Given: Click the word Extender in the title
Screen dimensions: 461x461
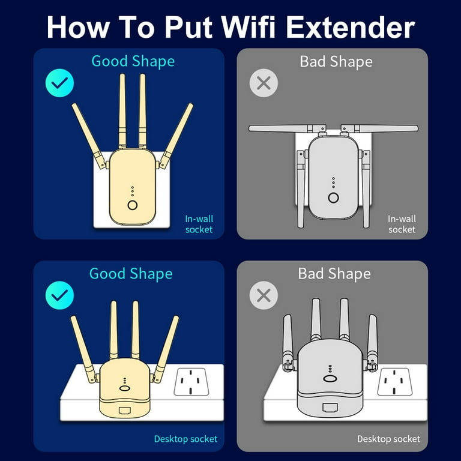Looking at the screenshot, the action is coord(350,27).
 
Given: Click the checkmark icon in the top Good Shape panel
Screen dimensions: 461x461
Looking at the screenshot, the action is coord(59,83).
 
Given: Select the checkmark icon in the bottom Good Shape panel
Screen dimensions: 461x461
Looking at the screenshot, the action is coord(59,295).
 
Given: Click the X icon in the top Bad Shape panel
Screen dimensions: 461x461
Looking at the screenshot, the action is coord(264,83).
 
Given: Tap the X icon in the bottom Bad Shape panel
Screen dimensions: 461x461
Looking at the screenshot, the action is coord(264,295).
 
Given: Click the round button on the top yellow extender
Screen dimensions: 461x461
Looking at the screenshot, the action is coord(133,205).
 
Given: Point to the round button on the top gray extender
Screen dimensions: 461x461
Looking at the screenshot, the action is coord(333,197).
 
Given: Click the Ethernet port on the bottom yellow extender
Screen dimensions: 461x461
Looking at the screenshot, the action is coord(125,410).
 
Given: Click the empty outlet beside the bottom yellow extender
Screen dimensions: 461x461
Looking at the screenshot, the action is coord(191,382).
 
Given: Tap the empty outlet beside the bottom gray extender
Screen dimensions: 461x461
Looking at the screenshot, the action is coord(394,382).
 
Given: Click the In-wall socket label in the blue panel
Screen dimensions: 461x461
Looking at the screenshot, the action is coord(199,224).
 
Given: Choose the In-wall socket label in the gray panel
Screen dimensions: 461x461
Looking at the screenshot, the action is coord(402,224).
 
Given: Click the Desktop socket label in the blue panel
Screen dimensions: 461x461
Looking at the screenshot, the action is coord(186,439).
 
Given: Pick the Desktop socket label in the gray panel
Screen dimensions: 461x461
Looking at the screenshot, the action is coord(389,439).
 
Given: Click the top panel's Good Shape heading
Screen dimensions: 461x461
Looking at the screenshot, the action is coord(133,61).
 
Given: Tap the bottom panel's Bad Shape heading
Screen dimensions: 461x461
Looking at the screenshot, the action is coord(334,274).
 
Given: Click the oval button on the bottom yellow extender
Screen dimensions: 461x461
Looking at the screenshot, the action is coord(125,388).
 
